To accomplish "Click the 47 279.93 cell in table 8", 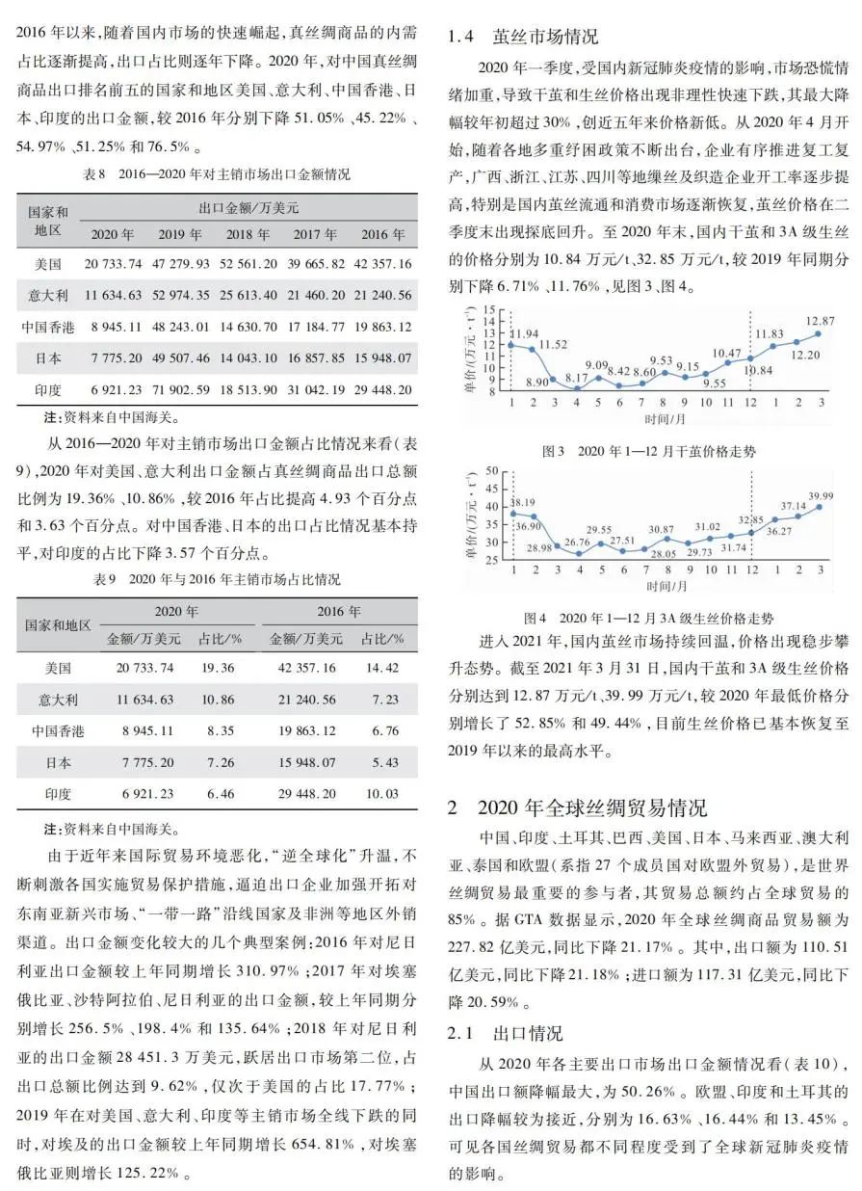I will pos(180,264).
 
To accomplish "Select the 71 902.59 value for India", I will pos(180,390).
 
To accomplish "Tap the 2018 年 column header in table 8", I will pos(248,235).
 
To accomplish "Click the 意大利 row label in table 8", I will pos(42,296).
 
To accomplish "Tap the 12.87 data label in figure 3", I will pos(820,320).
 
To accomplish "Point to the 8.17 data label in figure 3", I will pos(576,378).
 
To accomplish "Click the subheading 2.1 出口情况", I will pos(506,1034).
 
